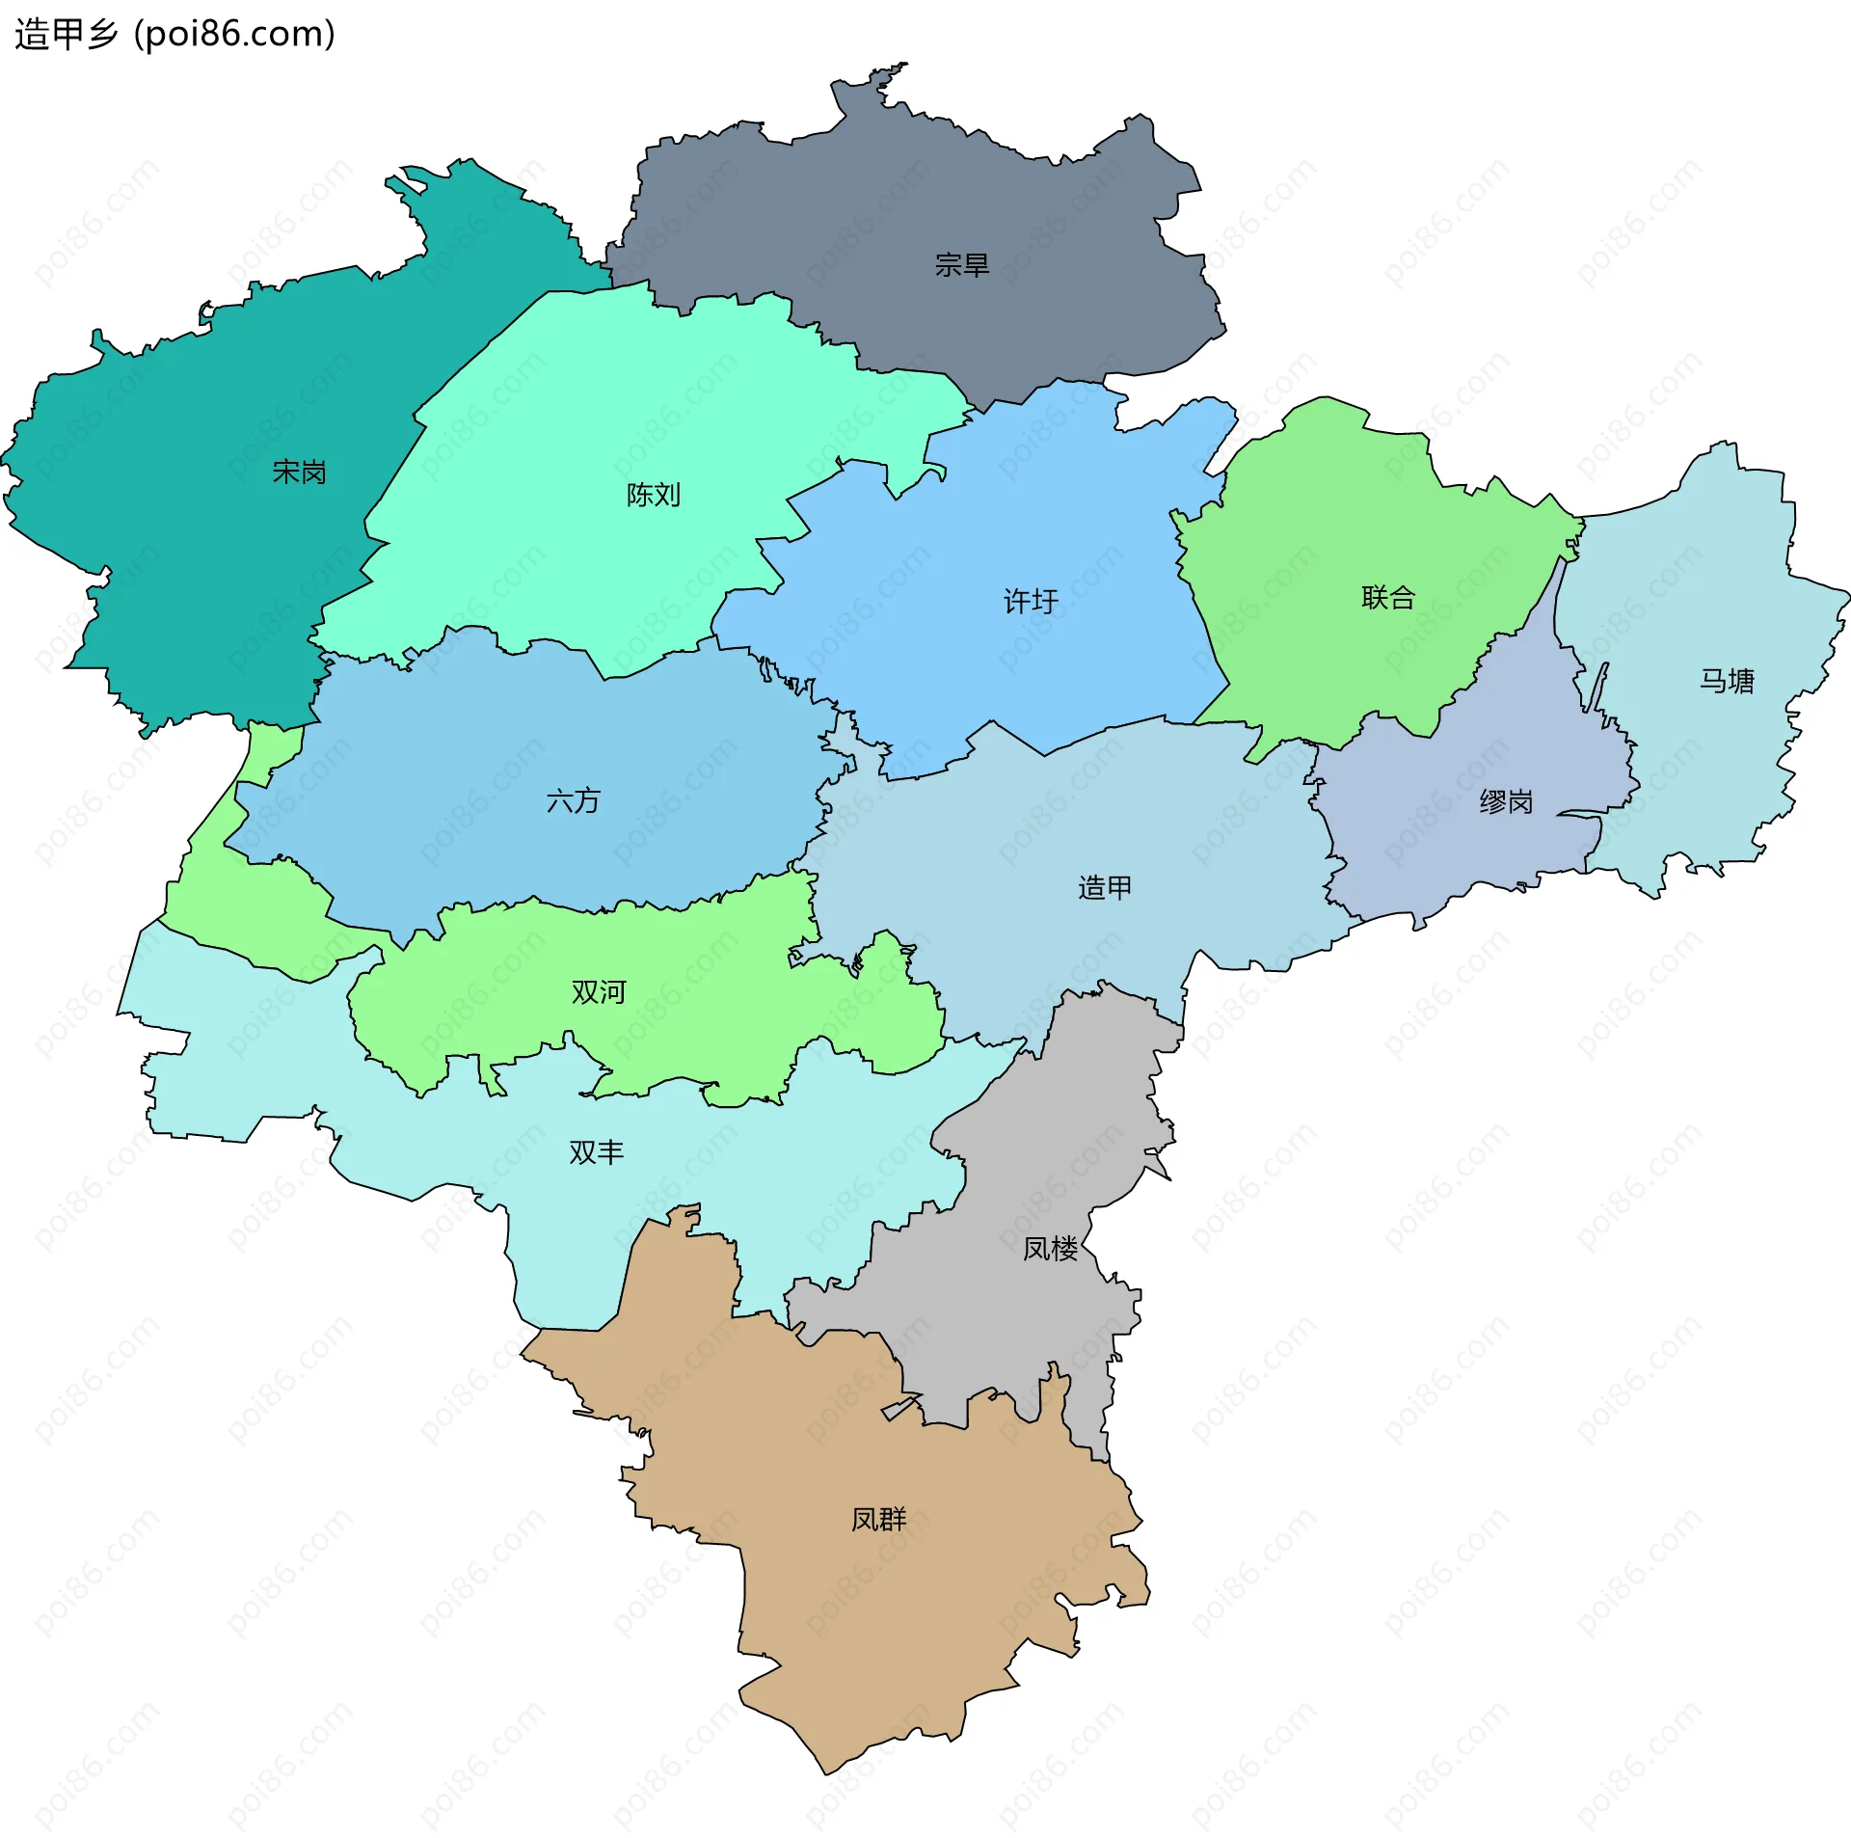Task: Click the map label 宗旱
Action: pos(961,265)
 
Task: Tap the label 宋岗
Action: pos(299,473)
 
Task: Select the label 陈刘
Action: pos(653,496)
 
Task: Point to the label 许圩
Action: pos(1031,602)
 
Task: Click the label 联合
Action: pos(1387,598)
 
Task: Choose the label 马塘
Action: pos(1726,682)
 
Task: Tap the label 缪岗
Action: pos(1505,802)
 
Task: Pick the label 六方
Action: pos(573,801)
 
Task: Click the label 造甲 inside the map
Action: pos(1104,888)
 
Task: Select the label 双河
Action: pos(598,992)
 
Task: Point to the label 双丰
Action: pos(596,1152)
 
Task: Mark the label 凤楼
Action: pos(1050,1249)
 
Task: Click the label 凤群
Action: pos(878,1520)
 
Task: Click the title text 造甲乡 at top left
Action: pos(66,35)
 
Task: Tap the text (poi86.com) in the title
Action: pos(234,35)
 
